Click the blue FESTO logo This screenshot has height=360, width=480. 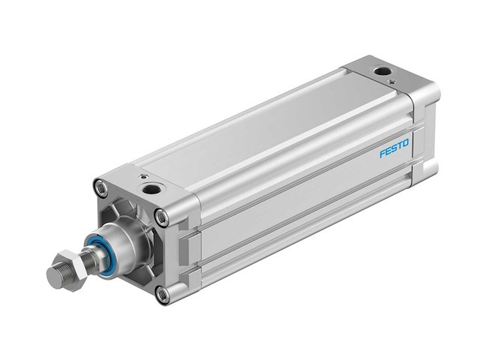(x=394, y=148)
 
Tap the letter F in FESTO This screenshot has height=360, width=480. (x=382, y=153)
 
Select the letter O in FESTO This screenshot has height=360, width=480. (x=406, y=142)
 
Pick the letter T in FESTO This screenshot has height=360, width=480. (x=400, y=145)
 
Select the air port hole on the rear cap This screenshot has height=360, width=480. (x=383, y=72)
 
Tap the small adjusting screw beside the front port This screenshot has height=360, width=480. (x=140, y=177)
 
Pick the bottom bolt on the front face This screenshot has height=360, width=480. (x=163, y=294)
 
